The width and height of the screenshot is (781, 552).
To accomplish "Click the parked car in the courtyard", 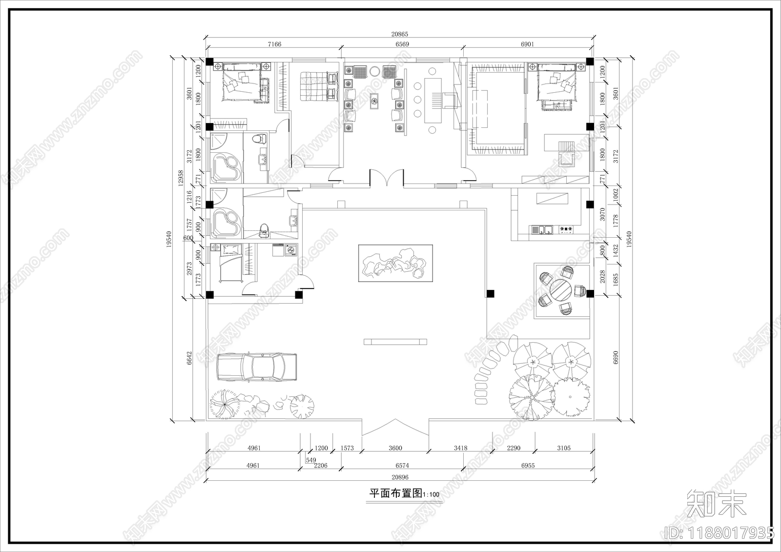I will tap(257, 367).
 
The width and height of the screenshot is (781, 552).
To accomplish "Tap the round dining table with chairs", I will tap(561, 290).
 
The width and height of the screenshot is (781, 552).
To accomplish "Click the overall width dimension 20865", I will tap(399, 34).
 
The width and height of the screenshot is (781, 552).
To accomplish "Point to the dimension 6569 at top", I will tap(402, 44).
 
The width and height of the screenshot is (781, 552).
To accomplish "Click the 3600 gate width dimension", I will tap(395, 448).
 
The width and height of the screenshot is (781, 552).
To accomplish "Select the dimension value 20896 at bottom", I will tap(399, 477).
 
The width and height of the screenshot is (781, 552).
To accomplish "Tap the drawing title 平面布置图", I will tap(395, 493).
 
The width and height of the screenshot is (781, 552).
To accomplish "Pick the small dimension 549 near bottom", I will tap(310, 460).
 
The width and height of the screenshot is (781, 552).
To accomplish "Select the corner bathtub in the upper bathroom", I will tap(226, 166).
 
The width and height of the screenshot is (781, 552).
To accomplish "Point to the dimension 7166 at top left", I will tap(274, 44).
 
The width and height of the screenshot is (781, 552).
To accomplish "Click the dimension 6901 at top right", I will tap(527, 44).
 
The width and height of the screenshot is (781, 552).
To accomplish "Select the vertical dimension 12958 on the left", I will tap(180, 178).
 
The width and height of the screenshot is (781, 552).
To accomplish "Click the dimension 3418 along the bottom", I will tap(460, 448).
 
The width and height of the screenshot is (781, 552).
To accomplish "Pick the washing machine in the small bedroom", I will tap(291, 250).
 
